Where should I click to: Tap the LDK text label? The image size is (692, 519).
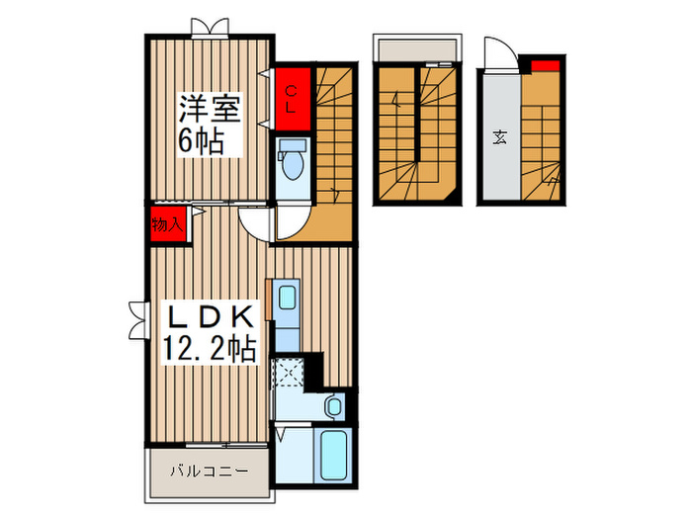click(x=209, y=318)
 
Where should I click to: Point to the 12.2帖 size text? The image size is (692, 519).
click(x=209, y=349)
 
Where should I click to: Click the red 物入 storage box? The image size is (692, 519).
click(x=166, y=223)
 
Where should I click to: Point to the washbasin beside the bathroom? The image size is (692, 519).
click(x=334, y=405)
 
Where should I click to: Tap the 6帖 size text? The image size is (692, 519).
click(x=201, y=139)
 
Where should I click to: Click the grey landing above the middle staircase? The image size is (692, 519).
click(x=415, y=50)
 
